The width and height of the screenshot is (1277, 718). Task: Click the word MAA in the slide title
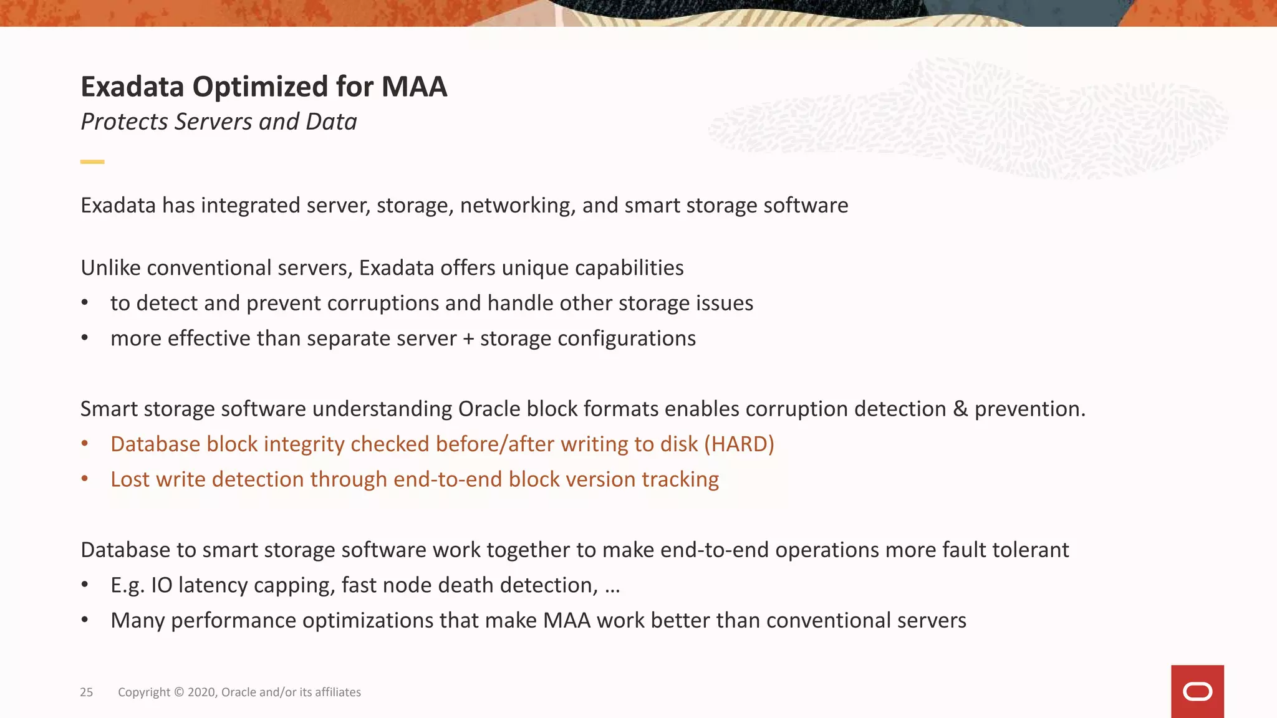(414, 87)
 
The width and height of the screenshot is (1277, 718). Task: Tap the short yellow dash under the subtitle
(92, 161)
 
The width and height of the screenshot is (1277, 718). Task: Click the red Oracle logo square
(1197, 691)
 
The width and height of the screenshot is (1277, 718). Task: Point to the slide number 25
(86, 692)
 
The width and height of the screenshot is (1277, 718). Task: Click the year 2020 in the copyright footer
(201, 692)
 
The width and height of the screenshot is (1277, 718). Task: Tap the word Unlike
(111, 268)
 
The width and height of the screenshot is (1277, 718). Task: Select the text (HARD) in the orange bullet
(739, 444)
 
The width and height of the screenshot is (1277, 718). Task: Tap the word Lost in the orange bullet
(130, 479)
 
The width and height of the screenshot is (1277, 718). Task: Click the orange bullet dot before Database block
(85, 444)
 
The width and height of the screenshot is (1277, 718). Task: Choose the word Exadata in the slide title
(132, 87)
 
